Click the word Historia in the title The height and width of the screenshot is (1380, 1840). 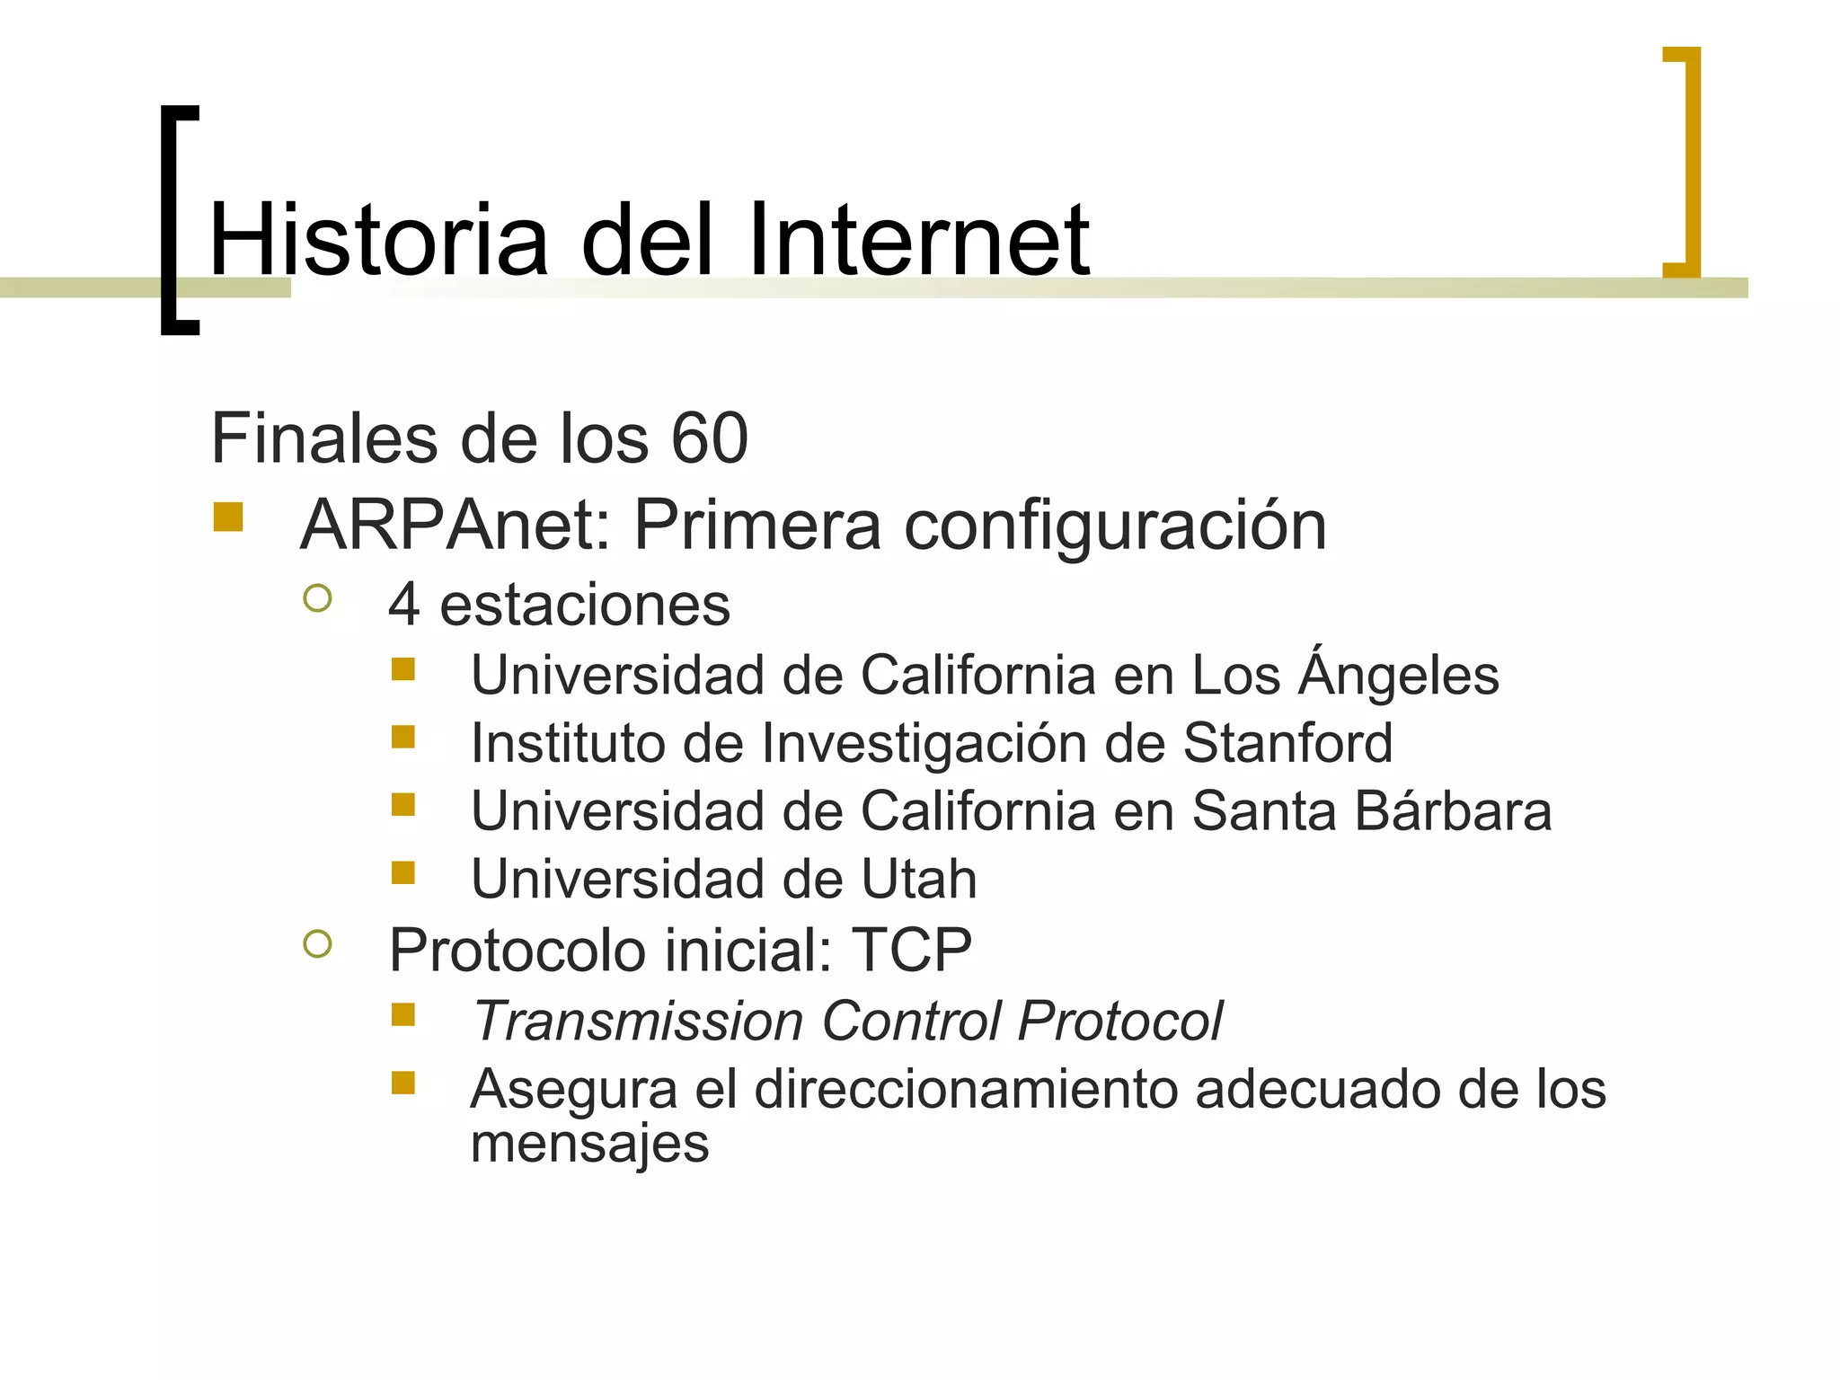(x=378, y=240)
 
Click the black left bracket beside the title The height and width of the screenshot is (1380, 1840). (x=170, y=220)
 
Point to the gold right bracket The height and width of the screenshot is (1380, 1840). (x=1691, y=162)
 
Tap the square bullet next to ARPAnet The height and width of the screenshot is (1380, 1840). (x=228, y=517)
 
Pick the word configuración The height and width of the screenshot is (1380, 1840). (x=1115, y=526)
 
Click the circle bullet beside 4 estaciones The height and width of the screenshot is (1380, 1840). (x=318, y=598)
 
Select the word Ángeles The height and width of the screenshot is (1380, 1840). (x=1399, y=675)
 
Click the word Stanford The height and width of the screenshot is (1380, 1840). (x=1287, y=743)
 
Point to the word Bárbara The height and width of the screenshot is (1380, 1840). (x=1453, y=810)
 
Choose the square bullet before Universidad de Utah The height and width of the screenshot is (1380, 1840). (x=403, y=872)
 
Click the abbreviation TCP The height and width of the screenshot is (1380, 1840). (x=912, y=950)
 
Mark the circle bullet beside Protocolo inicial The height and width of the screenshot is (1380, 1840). (x=318, y=943)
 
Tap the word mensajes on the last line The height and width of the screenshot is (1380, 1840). (x=589, y=1145)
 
